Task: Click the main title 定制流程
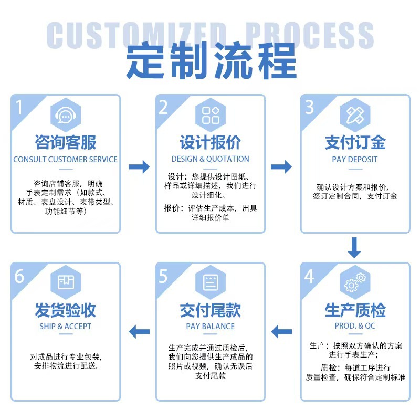[210, 62]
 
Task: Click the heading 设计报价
[210, 142]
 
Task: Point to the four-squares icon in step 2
[211, 115]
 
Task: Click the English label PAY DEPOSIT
[355, 159]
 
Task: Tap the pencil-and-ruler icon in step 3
[355, 115]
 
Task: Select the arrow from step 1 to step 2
[139, 167]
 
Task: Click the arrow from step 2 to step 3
[281, 167]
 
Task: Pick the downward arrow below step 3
[354, 248]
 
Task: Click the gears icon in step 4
[355, 282]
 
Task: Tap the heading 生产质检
[355, 310]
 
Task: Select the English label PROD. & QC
[355, 326]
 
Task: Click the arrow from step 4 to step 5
[281, 331]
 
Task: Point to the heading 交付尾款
[210, 310]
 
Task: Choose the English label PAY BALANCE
[210, 326]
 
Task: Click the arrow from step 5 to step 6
[139, 331]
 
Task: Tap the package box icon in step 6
[66, 282]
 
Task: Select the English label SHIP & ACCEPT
[66, 326]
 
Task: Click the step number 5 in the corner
[164, 275]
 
